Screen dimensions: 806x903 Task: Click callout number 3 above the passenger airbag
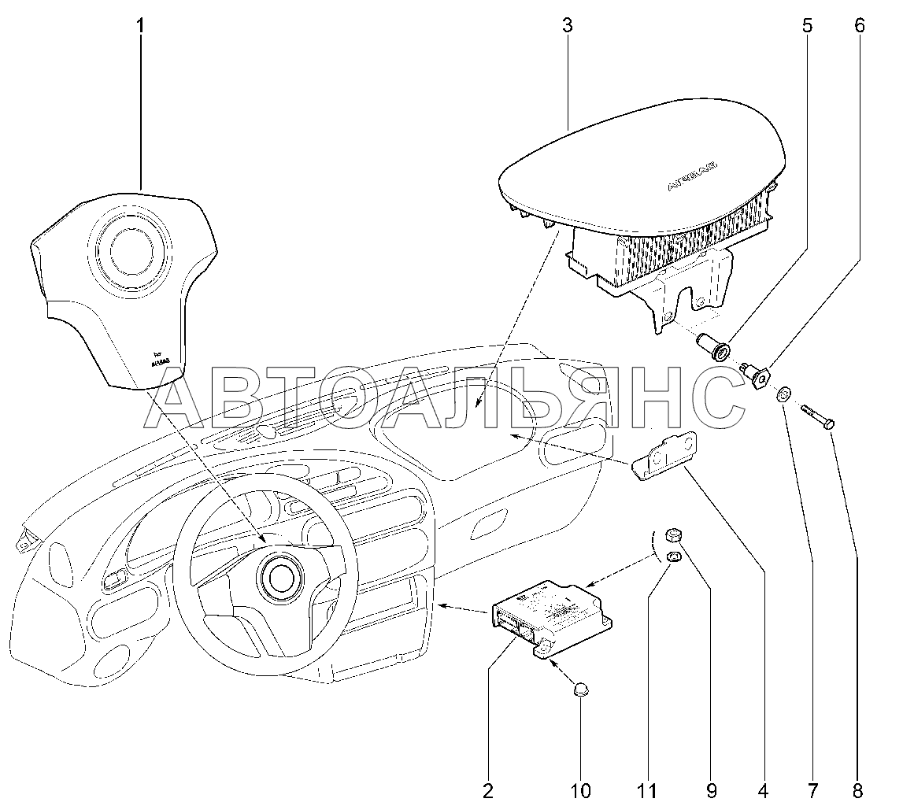point(567,26)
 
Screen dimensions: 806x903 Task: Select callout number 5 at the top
point(808,26)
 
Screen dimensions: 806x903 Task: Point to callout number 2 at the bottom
point(487,789)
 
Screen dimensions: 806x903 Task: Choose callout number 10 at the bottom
point(583,789)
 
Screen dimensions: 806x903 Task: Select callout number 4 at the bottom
point(762,789)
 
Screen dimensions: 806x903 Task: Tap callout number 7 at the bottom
point(812,789)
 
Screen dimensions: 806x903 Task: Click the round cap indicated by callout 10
point(581,690)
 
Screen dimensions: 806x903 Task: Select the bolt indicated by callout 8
point(819,416)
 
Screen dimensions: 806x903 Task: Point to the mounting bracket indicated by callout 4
point(665,457)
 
